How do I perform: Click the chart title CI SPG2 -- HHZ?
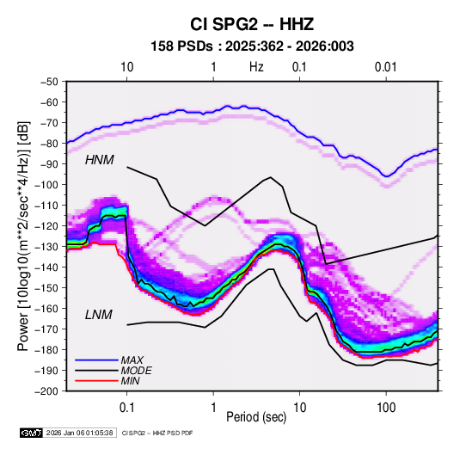pyautogui.click(x=252, y=24)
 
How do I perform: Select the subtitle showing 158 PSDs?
pyautogui.click(x=252, y=46)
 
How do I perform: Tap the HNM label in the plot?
pyautogui.click(x=100, y=160)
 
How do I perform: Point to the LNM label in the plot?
pyautogui.click(x=99, y=315)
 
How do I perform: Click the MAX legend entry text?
pyautogui.click(x=132, y=360)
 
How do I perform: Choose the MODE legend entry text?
pyautogui.click(x=137, y=371)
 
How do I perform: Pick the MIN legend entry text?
pyautogui.click(x=130, y=381)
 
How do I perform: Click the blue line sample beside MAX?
pyautogui.click(x=96, y=360)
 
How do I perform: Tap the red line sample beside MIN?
pyautogui.click(x=96, y=381)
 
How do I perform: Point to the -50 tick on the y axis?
pyautogui.click(x=49, y=82)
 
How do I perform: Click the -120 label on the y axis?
pyautogui.click(x=46, y=225)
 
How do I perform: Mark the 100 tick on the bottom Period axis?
pyautogui.click(x=386, y=408)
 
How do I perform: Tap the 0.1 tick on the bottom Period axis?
pyautogui.click(x=126, y=408)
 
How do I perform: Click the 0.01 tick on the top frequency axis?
pyautogui.click(x=385, y=67)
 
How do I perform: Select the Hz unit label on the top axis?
pyautogui.click(x=256, y=67)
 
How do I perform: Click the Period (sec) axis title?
pyautogui.click(x=256, y=417)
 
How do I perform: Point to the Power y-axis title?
pyautogui.click(x=23, y=236)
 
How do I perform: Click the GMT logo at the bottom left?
pyautogui.click(x=32, y=433)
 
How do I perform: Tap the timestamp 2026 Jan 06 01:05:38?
pyautogui.click(x=79, y=433)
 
